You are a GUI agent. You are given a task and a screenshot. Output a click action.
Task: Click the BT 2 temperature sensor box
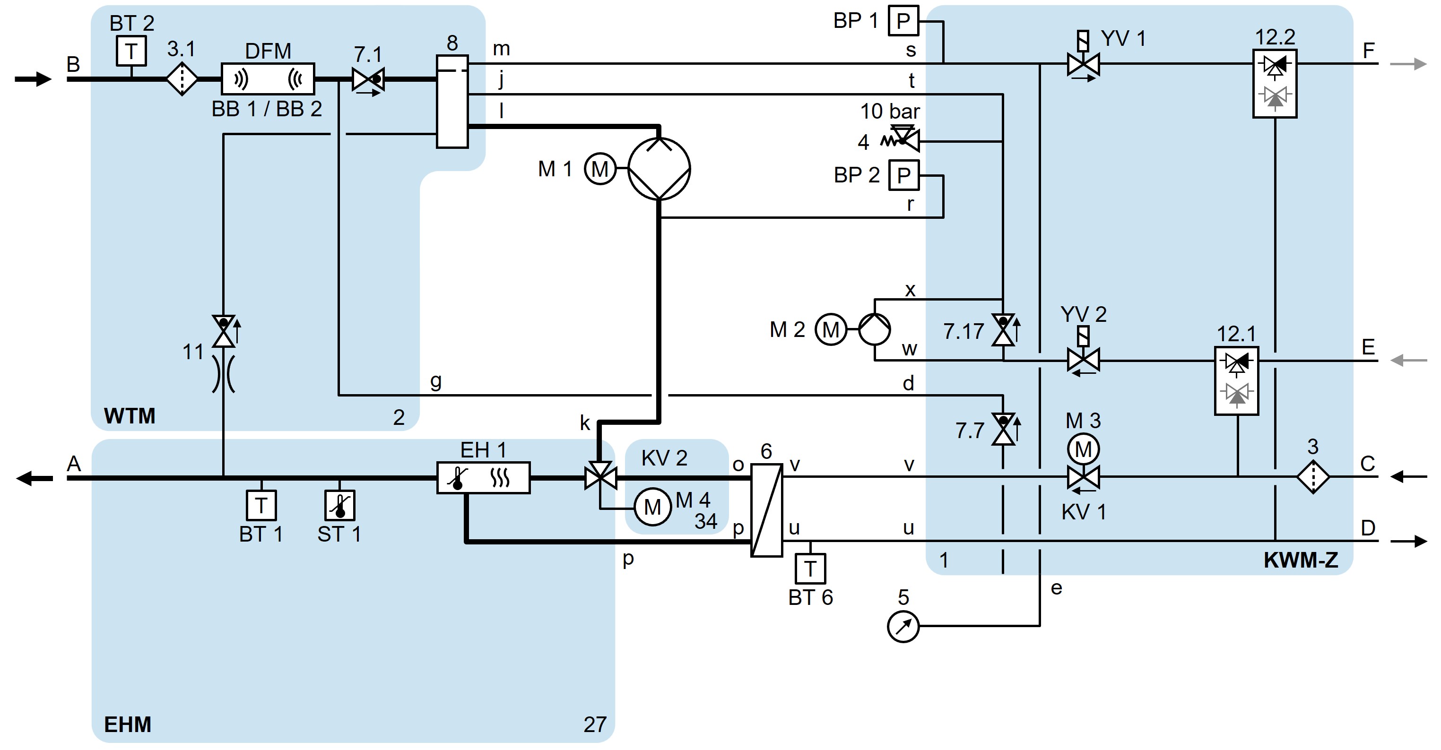tap(131, 51)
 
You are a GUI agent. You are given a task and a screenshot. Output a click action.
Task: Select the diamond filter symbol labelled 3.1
tap(182, 79)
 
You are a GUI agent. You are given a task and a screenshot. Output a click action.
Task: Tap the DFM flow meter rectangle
tap(268, 79)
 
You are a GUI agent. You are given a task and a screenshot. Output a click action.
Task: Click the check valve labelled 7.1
tap(367, 79)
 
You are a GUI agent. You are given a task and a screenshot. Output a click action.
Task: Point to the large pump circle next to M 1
tap(659, 168)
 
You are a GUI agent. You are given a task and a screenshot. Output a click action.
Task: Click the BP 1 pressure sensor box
tap(903, 21)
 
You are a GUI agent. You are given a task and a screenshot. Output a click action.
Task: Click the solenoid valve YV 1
tap(1083, 63)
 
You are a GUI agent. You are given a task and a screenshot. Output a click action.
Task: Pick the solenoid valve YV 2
tap(1083, 360)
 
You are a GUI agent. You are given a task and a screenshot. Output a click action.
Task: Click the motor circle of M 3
tap(1083, 448)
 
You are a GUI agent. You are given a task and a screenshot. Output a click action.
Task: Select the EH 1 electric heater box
tap(483, 478)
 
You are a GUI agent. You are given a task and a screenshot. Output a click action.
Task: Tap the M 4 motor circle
tap(652, 507)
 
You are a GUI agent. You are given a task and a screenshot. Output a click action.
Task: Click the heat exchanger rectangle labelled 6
tap(766, 509)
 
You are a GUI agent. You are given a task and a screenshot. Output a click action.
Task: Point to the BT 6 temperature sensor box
tap(810, 569)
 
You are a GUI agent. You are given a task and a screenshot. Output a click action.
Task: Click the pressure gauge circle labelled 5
tap(903, 627)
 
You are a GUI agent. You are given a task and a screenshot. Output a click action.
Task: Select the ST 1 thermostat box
tap(339, 506)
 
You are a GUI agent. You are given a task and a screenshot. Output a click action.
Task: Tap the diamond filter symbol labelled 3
tap(1313, 477)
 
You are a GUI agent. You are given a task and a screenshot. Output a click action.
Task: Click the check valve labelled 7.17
tap(1003, 330)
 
